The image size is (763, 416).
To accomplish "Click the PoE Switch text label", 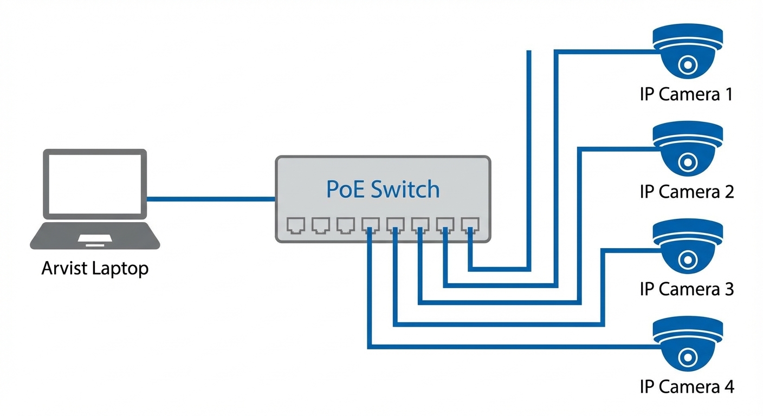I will click(383, 189).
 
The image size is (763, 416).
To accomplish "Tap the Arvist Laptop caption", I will click(95, 268).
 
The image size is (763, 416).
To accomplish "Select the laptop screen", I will click(95, 184).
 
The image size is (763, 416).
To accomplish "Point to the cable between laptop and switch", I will click(211, 199).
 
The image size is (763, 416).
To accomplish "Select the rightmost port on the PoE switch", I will click(470, 225).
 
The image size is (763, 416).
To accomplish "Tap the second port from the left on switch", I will click(320, 225).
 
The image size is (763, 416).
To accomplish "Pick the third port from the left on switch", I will click(345, 225).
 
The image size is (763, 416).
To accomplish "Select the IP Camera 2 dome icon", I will click(688, 149).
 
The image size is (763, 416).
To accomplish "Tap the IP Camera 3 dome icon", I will click(688, 246).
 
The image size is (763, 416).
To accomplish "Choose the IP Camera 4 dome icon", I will click(688, 344).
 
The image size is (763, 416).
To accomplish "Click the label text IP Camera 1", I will click(686, 94).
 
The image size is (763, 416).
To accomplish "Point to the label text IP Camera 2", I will click(686, 191).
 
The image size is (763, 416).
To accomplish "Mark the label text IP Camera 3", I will click(686, 289).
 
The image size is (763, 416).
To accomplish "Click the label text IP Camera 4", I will click(686, 387).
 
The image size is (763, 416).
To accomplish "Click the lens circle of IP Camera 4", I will click(688, 356).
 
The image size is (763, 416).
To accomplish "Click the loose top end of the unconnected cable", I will click(529, 53).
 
